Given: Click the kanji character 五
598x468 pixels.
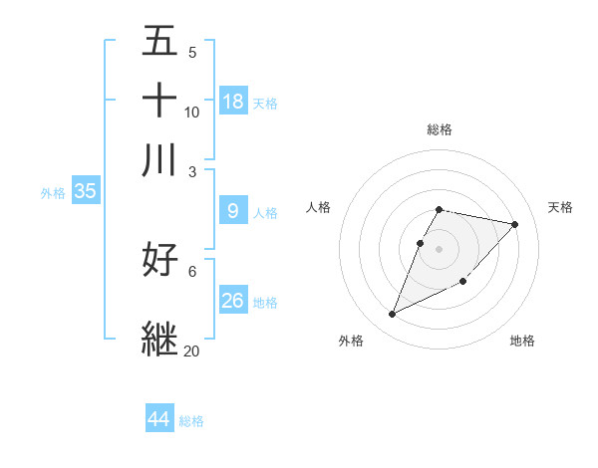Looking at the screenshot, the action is coord(159,41).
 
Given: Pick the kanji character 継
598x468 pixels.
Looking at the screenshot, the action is coord(159,338).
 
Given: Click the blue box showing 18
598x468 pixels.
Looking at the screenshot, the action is coord(233,102).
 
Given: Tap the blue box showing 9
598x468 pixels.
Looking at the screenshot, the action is coord(233,211).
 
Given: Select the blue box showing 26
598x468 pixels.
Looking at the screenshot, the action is coord(233,301).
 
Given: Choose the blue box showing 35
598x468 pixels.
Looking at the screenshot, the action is coord(85,192).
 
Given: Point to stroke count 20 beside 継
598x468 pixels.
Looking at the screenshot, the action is coord(191,351).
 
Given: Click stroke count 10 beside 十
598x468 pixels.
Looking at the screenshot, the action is coord(192,112).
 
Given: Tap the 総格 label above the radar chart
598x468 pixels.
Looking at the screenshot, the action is coord(440,129).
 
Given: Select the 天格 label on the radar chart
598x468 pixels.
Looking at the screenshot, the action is coord(561,207).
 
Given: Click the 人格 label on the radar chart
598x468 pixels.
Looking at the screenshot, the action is coord(318,207).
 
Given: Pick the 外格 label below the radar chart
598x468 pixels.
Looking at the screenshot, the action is coord(351,342).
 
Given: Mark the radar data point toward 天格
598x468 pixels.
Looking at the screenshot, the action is coord(515,224).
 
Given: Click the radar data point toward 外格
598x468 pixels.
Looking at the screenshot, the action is coord(393,315).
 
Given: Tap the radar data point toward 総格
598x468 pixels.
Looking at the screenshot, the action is coord(440,209).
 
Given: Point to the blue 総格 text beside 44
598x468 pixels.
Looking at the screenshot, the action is coord(191,421).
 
